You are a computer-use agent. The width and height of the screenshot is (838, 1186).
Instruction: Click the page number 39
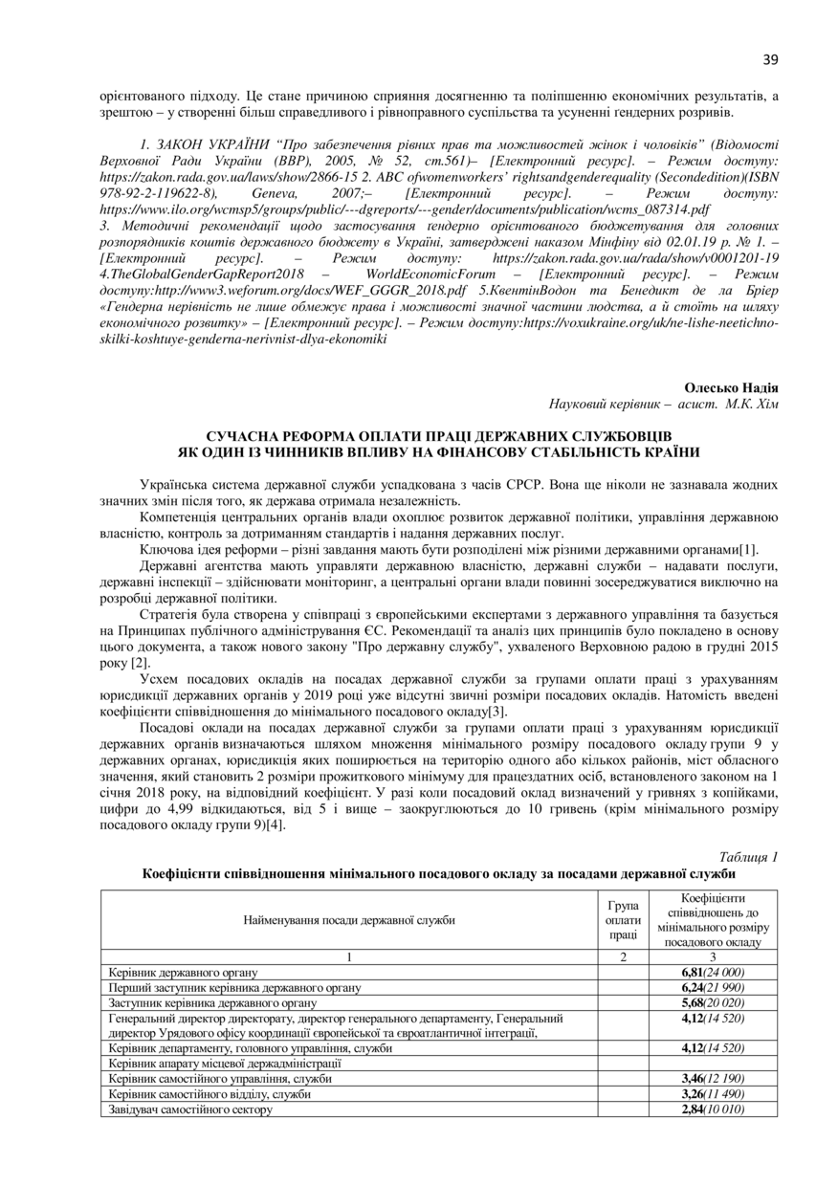(x=771, y=59)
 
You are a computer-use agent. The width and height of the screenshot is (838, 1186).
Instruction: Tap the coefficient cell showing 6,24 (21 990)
(x=713, y=987)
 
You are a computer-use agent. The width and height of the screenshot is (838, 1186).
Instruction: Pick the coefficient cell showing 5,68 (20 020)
(x=713, y=1002)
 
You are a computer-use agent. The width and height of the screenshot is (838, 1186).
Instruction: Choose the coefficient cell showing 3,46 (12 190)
(x=713, y=1078)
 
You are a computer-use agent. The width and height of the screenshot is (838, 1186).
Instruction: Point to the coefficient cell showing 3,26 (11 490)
(x=713, y=1093)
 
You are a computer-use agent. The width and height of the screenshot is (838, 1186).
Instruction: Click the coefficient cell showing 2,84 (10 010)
(x=713, y=1109)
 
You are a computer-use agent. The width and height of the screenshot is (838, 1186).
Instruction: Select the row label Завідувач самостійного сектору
(x=190, y=1109)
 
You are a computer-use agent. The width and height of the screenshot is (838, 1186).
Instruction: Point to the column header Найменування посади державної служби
(x=349, y=920)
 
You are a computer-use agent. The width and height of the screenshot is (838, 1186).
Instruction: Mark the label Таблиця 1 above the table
(x=748, y=857)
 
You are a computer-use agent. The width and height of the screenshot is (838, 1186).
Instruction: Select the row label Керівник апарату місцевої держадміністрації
(x=224, y=1063)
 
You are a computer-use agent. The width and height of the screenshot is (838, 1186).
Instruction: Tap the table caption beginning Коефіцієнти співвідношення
(x=441, y=873)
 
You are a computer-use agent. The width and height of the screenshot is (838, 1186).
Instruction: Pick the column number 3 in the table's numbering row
(x=713, y=957)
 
